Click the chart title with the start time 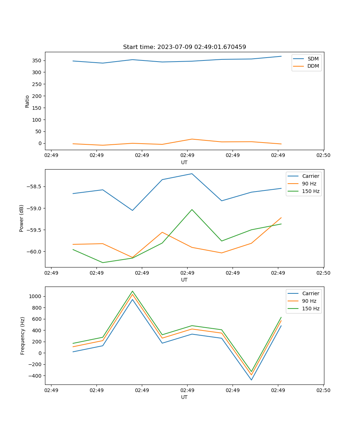(184, 47)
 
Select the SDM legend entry (313, 59)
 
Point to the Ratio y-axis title (27, 101)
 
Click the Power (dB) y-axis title (22, 218)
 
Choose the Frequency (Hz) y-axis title (23, 336)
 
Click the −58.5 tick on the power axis (33, 186)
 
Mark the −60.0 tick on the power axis (33, 252)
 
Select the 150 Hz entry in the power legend (311, 191)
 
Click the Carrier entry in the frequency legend (311, 293)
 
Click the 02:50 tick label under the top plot (323, 155)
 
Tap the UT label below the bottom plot (184, 397)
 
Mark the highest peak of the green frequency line (132, 291)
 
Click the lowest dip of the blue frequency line (251, 380)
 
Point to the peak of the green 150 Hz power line (192, 210)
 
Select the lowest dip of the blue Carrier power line (132, 210)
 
